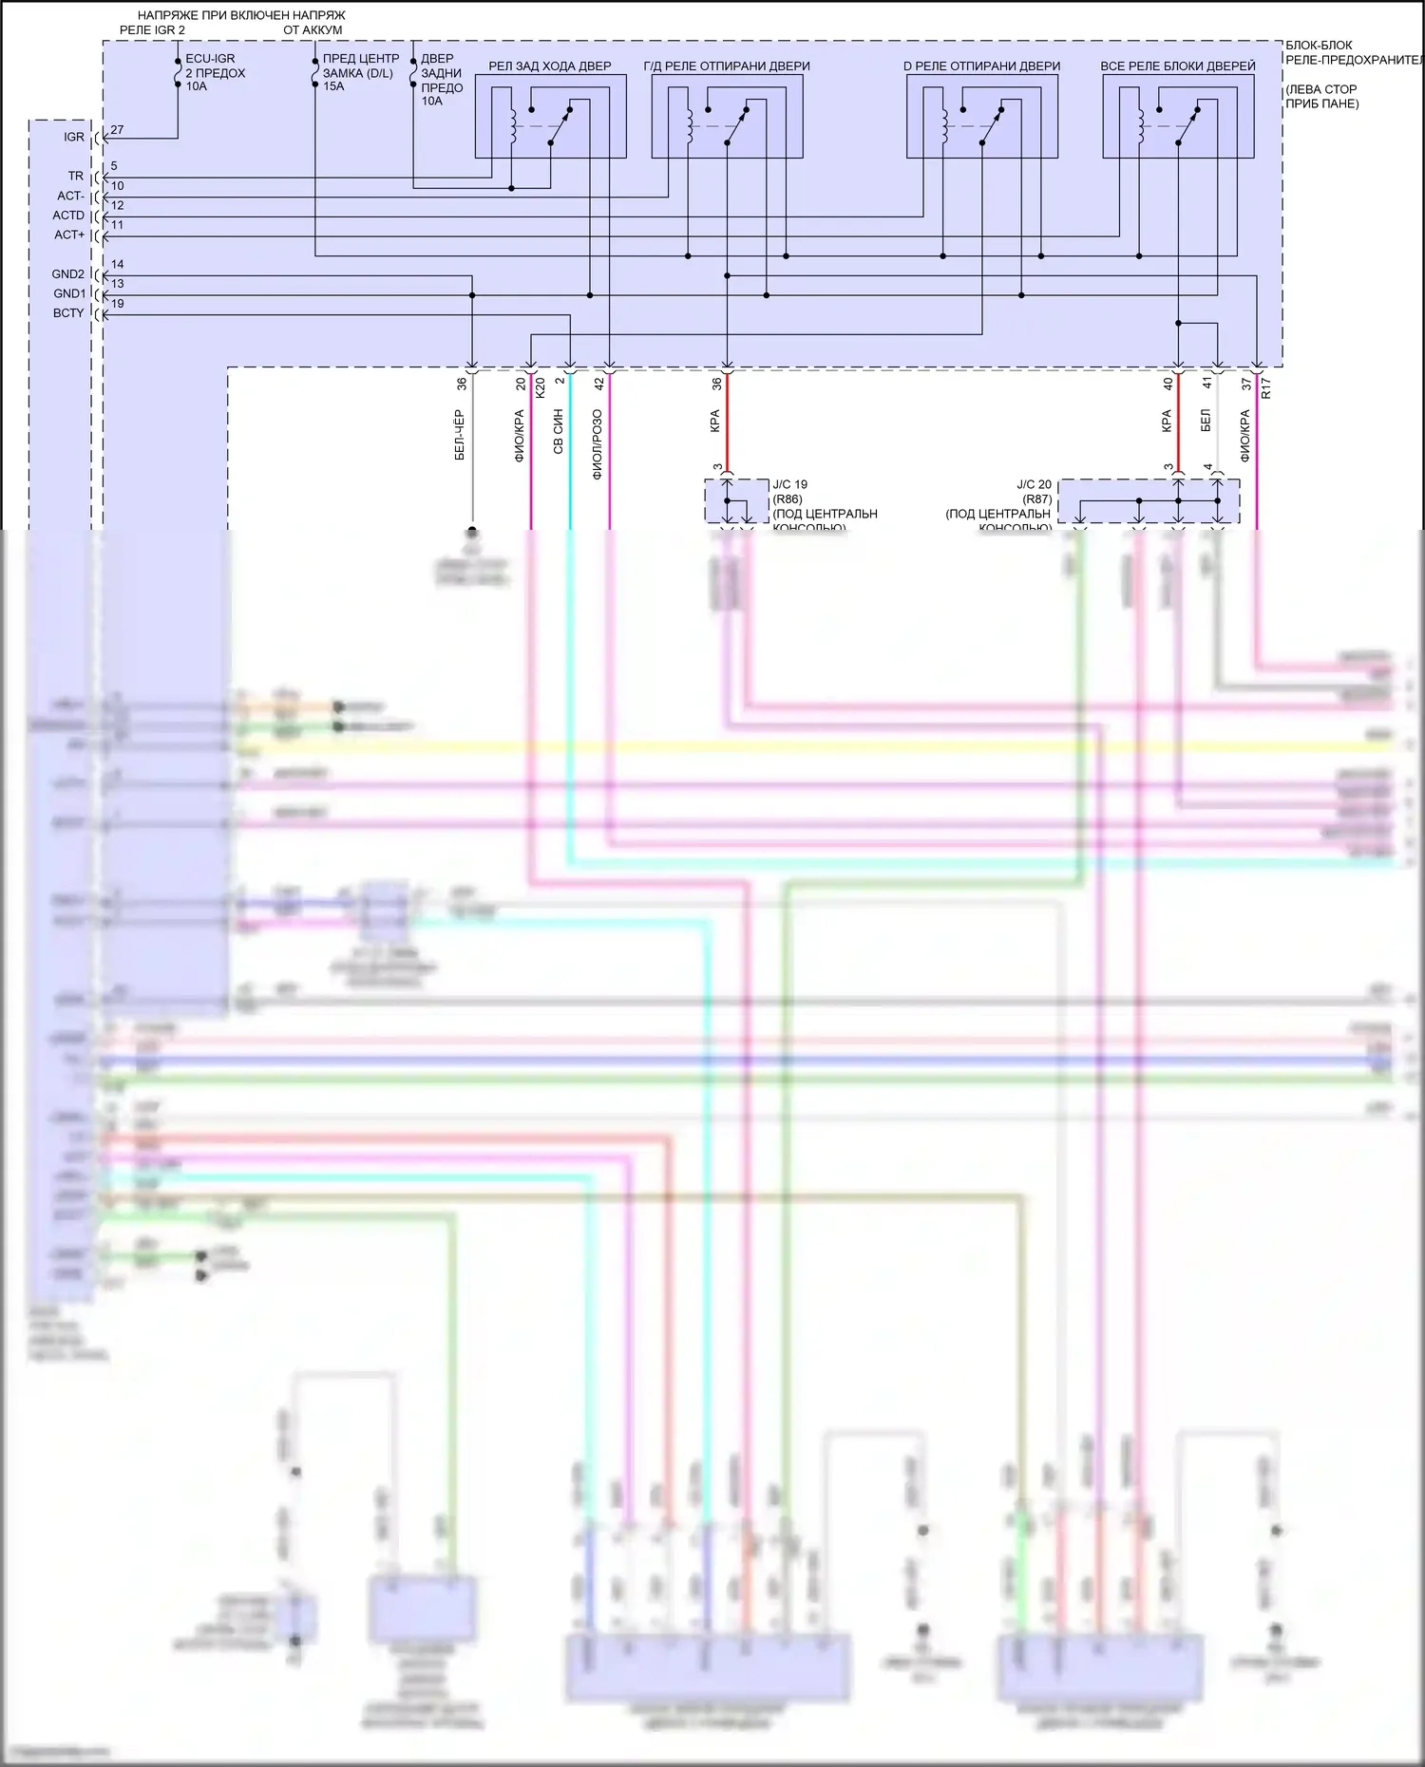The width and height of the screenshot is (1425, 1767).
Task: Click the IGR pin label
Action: coord(74,138)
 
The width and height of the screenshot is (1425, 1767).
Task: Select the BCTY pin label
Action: coord(68,313)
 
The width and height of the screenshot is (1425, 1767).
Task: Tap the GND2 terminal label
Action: coord(68,274)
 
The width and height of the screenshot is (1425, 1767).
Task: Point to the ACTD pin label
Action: coord(68,216)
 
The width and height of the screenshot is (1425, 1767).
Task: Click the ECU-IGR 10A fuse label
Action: coord(215,72)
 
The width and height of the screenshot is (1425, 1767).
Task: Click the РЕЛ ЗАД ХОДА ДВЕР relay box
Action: coord(550,116)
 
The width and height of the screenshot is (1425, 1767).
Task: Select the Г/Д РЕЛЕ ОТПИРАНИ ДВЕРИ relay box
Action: coord(727,116)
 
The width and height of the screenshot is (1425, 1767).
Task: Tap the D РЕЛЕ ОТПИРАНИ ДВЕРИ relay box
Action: coord(981,116)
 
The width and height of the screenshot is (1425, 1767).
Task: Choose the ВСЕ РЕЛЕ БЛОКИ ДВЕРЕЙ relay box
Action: coord(1178,116)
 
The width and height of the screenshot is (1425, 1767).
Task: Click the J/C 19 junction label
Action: coord(790,484)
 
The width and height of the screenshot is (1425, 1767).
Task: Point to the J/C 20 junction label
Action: coord(1034,484)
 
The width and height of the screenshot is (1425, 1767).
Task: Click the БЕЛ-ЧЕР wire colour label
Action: coord(460,436)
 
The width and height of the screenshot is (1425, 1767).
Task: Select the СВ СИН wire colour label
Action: coord(559,432)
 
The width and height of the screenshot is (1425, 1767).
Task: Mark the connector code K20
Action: coord(541,387)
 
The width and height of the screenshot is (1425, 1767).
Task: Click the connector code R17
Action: coord(1266,387)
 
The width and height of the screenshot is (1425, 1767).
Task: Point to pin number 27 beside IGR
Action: coord(117,130)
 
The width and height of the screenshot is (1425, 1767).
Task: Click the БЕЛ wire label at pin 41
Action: coord(1206,421)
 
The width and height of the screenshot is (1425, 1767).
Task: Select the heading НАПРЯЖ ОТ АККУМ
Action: coord(313,23)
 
